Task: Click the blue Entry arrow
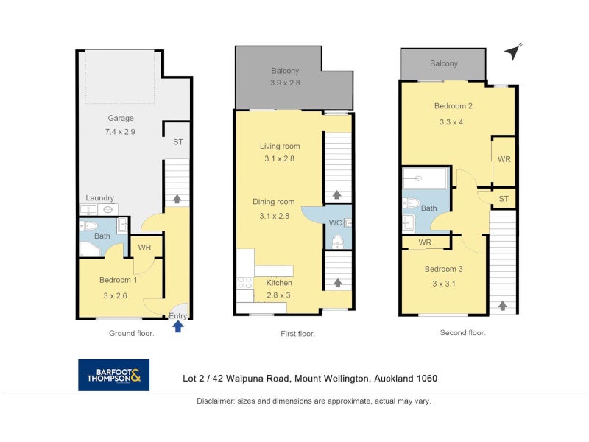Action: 177,327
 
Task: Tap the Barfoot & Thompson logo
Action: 114,375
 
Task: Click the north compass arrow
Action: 512,52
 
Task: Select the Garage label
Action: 121,118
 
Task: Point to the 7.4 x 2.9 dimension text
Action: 120,132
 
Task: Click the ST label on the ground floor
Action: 178,142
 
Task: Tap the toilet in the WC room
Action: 338,242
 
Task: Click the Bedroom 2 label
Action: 453,106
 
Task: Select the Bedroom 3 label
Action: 444,269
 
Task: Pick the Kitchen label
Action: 279,283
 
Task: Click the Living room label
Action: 280,146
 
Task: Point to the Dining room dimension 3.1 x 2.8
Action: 274,216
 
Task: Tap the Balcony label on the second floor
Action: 444,63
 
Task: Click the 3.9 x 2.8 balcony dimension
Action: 285,83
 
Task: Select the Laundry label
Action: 99,198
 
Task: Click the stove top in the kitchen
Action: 244,283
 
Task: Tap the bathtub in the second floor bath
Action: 425,178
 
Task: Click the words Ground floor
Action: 132,334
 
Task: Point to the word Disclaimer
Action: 215,401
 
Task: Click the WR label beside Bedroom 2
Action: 504,159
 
